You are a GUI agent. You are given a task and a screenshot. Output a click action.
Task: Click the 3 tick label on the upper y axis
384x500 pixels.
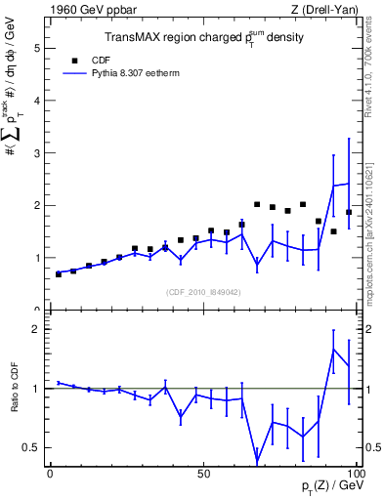38,152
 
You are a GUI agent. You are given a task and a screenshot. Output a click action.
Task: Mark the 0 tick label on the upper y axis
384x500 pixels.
38,311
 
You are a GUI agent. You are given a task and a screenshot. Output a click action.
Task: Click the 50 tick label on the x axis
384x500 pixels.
203,474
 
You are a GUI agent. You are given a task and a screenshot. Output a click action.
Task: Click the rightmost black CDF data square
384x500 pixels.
349,212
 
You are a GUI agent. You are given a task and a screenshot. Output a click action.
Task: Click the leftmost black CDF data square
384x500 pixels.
59,274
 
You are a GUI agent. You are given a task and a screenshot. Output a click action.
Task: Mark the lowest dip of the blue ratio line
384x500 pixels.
257,462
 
